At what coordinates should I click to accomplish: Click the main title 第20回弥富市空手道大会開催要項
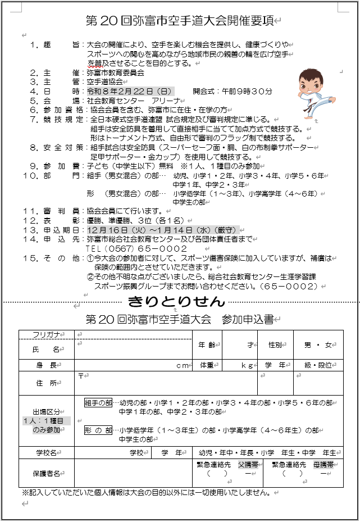[x=180, y=21]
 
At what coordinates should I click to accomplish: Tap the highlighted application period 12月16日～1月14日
[x=163, y=230]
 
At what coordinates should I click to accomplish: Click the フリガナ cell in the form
[x=47, y=335]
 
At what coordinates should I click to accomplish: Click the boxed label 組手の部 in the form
[x=98, y=403]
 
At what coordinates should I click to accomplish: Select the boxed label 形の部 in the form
[x=98, y=430]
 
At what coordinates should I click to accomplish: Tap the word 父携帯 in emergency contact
[x=247, y=465]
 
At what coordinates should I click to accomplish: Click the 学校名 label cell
[x=47, y=452]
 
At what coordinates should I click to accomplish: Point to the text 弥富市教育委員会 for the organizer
[x=116, y=72]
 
